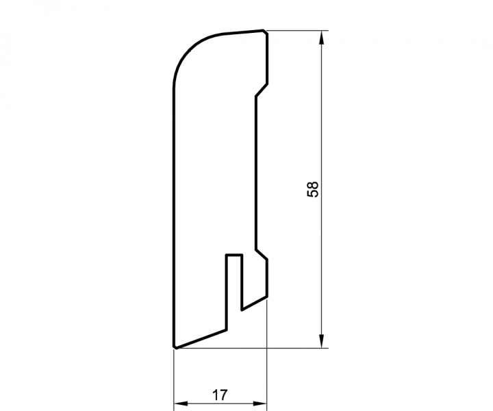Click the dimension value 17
pos(220,395)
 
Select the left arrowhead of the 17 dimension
pos(179,403)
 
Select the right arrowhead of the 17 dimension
pos(260,403)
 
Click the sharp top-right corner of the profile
pos(265,31)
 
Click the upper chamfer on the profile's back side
pos(261,90)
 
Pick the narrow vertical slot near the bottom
pos(234,284)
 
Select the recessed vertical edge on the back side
pos(255,171)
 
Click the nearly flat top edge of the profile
pos(236,33)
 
